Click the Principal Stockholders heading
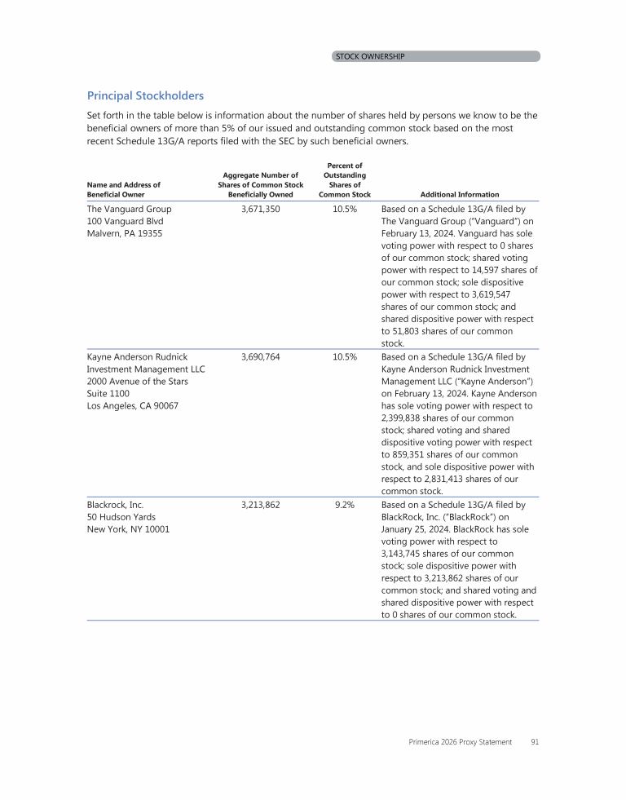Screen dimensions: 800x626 [145, 96]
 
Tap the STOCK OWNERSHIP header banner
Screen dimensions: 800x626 [436, 56]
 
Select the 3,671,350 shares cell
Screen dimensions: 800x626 [261, 210]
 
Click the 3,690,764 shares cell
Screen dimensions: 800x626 [261, 357]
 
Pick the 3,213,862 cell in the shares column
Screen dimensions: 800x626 [261, 505]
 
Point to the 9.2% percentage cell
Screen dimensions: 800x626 [345, 505]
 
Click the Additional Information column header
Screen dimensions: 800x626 [460, 195]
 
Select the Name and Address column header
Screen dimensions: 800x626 [123, 190]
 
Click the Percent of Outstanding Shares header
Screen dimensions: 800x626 [345, 180]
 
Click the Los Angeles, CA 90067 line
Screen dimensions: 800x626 [132, 406]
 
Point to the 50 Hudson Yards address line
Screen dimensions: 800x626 [121, 517]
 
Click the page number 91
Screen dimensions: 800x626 [535, 742]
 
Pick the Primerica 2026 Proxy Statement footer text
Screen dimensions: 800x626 [461, 742]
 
